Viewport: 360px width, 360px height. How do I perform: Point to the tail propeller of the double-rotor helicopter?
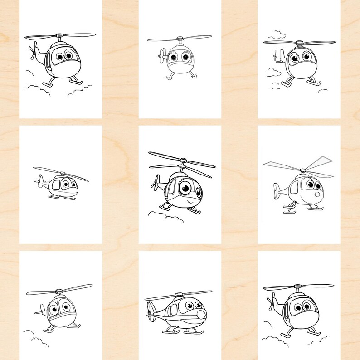coord(155,182)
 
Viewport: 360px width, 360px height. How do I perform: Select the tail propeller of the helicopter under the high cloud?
coord(274,57)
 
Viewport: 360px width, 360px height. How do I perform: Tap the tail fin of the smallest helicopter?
coord(38,183)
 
